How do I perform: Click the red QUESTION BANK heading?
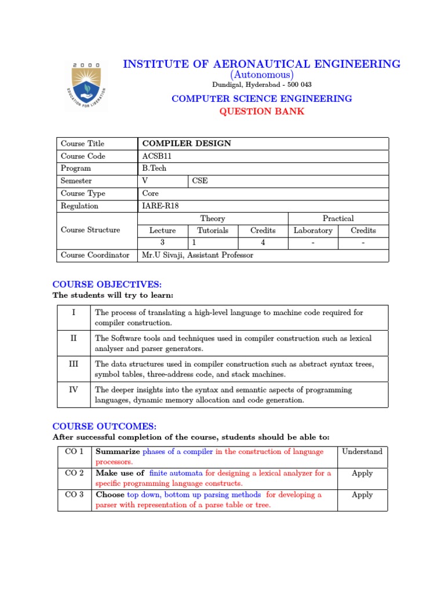click(261, 111)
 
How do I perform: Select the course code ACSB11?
click(156, 156)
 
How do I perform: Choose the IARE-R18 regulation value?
click(161, 206)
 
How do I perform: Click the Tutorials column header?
click(212, 230)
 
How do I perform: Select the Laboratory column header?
click(313, 230)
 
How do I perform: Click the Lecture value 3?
click(162, 243)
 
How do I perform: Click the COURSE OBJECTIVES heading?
click(107, 284)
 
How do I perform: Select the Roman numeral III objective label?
click(74, 364)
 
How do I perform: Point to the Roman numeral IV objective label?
click(74, 390)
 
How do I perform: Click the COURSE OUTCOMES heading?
click(104, 426)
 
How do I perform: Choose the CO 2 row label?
click(74, 473)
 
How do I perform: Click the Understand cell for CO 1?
click(362, 451)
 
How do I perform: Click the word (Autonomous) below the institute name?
click(261, 75)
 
